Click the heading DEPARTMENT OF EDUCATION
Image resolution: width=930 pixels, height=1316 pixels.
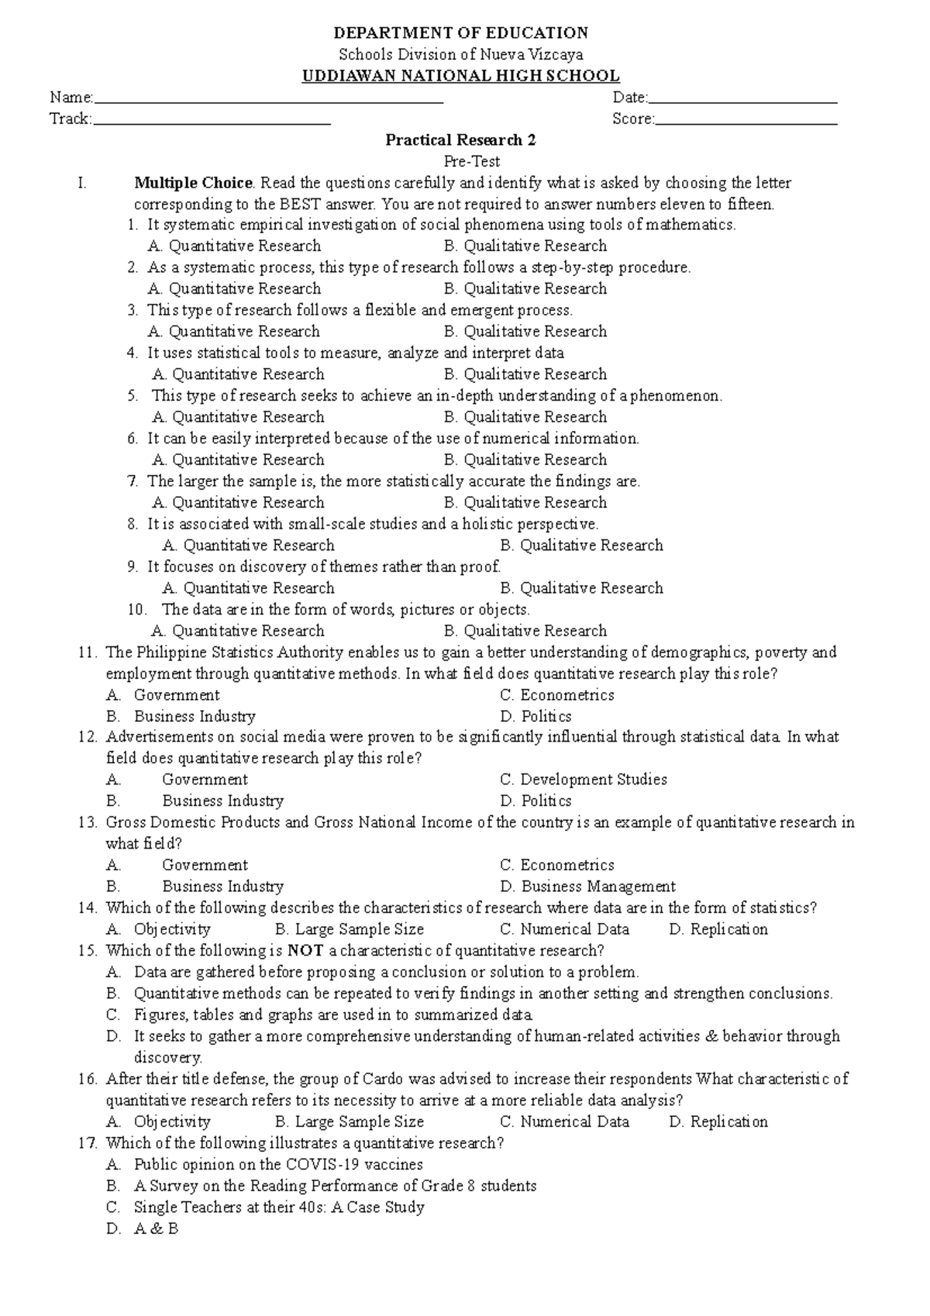tap(460, 33)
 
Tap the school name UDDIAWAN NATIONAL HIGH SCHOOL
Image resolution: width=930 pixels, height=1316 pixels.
tap(460, 76)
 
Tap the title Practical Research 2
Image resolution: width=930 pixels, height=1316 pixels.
tap(460, 140)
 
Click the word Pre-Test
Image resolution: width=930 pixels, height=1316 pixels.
tap(471, 162)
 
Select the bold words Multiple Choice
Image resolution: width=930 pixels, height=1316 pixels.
tap(193, 184)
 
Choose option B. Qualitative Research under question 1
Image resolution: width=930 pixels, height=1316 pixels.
tap(525, 246)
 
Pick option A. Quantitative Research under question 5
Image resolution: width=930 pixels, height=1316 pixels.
tap(238, 418)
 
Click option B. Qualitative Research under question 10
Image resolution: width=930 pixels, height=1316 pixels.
tap(525, 632)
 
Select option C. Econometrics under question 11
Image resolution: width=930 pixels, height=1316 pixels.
tap(556, 695)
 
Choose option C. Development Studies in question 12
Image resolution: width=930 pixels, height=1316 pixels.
tap(583, 780)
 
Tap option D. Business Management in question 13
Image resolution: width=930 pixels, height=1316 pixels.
tap(587, 887)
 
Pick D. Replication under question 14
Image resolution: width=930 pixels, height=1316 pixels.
tap(718, 929)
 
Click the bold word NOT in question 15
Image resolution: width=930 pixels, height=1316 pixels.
tap(305, 951)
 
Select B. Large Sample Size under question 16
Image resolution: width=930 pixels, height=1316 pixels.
tap(349, 1122)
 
